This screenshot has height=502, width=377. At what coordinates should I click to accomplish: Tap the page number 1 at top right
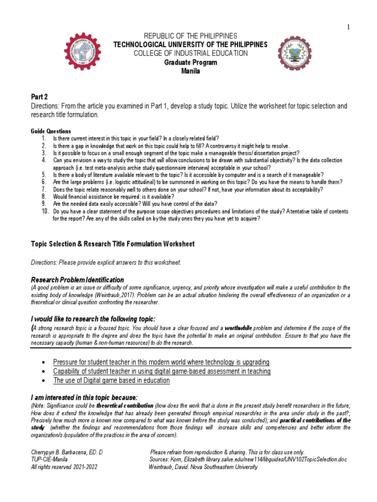pyautogui.click(x=349, y=27)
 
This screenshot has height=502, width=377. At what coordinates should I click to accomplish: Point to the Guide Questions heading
pyautogui.click(x=51, y=131)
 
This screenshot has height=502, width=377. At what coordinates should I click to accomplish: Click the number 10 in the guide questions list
pyautogui.click(x=45, y=211)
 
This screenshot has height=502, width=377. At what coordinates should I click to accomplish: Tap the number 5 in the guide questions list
pyautogui.click(x=44, y=175)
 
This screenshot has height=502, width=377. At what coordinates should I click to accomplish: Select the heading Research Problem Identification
pyautogui.click(x=78, y=279)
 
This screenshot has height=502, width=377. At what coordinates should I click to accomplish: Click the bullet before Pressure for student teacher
pyautogui.click(x=45, y=362)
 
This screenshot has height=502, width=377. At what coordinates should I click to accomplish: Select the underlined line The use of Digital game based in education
pyautogui.click(x=111, y=380)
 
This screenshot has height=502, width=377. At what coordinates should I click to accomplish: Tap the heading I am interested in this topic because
pyautogui.click(x=84, y=397)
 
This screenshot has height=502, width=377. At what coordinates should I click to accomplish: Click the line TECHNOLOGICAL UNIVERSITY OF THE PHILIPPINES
pyautogui.click(x=190, y=45)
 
